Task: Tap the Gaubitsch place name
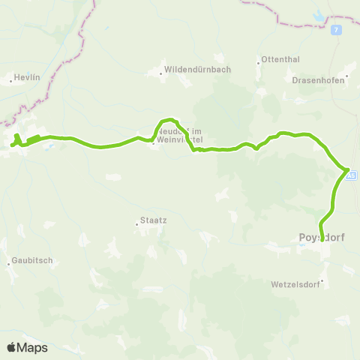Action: [29, 262]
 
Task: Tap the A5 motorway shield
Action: [352, 175]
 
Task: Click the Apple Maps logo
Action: [27, 347]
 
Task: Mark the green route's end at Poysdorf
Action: [322, 239]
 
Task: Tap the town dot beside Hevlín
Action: [10, 77]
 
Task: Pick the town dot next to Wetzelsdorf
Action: [322, 282]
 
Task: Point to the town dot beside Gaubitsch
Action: [10, 262]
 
